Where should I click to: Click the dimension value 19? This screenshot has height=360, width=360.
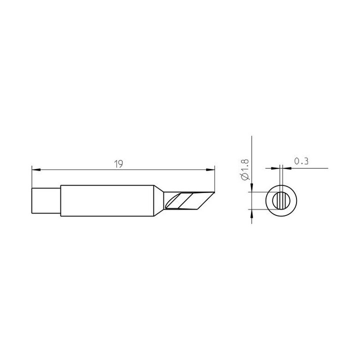click(x=118, y=164)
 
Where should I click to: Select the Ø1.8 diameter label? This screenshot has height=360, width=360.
click(x=245, y=169)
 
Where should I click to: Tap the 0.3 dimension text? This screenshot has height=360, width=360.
click(x=301, y=161)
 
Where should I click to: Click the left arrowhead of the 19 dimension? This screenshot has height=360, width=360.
click(x=36, y=169)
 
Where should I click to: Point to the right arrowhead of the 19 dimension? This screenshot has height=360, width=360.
click(x=210, y=169)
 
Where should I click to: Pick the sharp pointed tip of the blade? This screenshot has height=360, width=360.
click(x=214, y=192)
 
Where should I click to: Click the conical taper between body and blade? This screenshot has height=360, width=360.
click(x=158, y=200)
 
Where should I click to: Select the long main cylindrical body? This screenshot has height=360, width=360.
click(x=107, y=200)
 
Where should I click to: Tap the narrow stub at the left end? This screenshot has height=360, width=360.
click(x=46, y=200)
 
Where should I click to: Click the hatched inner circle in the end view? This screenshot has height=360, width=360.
click(x=281, y=200)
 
